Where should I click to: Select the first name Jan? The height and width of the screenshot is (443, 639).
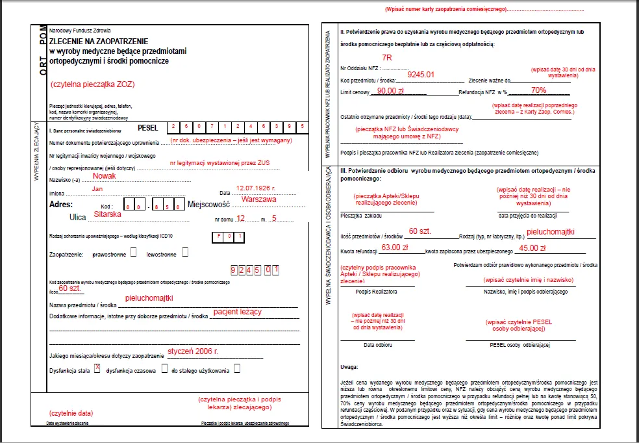pos(97,188)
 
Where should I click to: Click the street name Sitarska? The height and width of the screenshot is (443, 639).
pos(108,213)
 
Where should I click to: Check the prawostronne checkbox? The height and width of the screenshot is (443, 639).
pos(133,252)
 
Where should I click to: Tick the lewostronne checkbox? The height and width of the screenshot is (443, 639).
pos(185,252)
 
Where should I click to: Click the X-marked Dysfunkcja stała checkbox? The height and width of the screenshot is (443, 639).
pos(97,368)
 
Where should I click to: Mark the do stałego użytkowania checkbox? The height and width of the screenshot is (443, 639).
pos(237,368)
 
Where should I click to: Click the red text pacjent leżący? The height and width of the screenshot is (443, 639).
pos(237,312)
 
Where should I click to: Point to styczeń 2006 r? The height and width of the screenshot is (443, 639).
pos(193,351)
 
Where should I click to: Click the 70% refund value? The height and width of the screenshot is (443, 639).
pos(538,90)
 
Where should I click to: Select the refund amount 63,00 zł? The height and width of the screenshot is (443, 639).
pos(395,247)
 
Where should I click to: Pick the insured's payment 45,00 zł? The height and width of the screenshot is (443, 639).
pos(533,247)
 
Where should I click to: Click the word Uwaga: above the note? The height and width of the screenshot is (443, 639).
pos(349,367)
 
